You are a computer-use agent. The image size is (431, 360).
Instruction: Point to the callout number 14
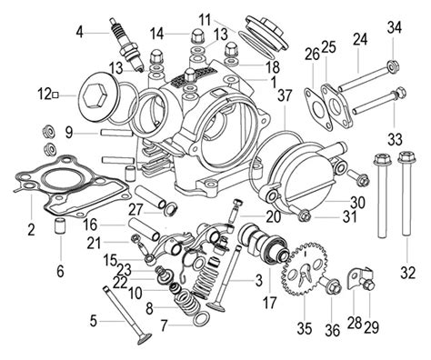click(x=156, y=33)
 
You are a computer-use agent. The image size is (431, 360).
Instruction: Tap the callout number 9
click(x=68, y=132)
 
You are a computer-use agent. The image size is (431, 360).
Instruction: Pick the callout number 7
click(x=165, y=325)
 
